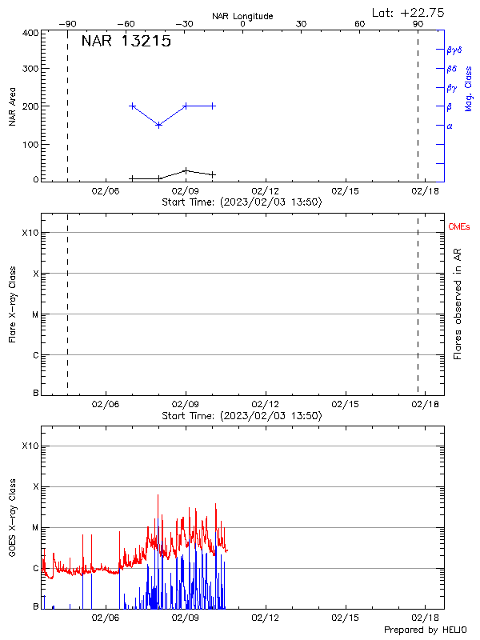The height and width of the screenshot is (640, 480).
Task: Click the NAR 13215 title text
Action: [126, 42]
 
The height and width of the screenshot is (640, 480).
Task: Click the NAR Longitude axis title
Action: [242, 16]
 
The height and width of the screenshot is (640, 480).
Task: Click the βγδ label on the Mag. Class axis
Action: [454, 50]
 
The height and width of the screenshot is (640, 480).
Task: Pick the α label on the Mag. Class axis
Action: [450, 126]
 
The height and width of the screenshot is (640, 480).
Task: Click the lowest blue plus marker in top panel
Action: [159, 125]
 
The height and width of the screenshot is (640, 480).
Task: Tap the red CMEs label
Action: [460, 227]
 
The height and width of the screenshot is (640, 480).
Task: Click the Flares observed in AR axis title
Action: [458, 303]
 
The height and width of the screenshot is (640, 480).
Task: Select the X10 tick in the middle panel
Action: [30, 233]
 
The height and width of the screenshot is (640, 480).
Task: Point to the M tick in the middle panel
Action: [35, 314]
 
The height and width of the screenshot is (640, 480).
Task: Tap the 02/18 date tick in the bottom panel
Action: [425, 618]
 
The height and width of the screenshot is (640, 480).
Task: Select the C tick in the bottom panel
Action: [35, 569]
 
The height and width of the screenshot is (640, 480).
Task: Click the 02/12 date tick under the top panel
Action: [266, 190]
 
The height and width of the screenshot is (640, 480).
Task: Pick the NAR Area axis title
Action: [12, 106]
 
